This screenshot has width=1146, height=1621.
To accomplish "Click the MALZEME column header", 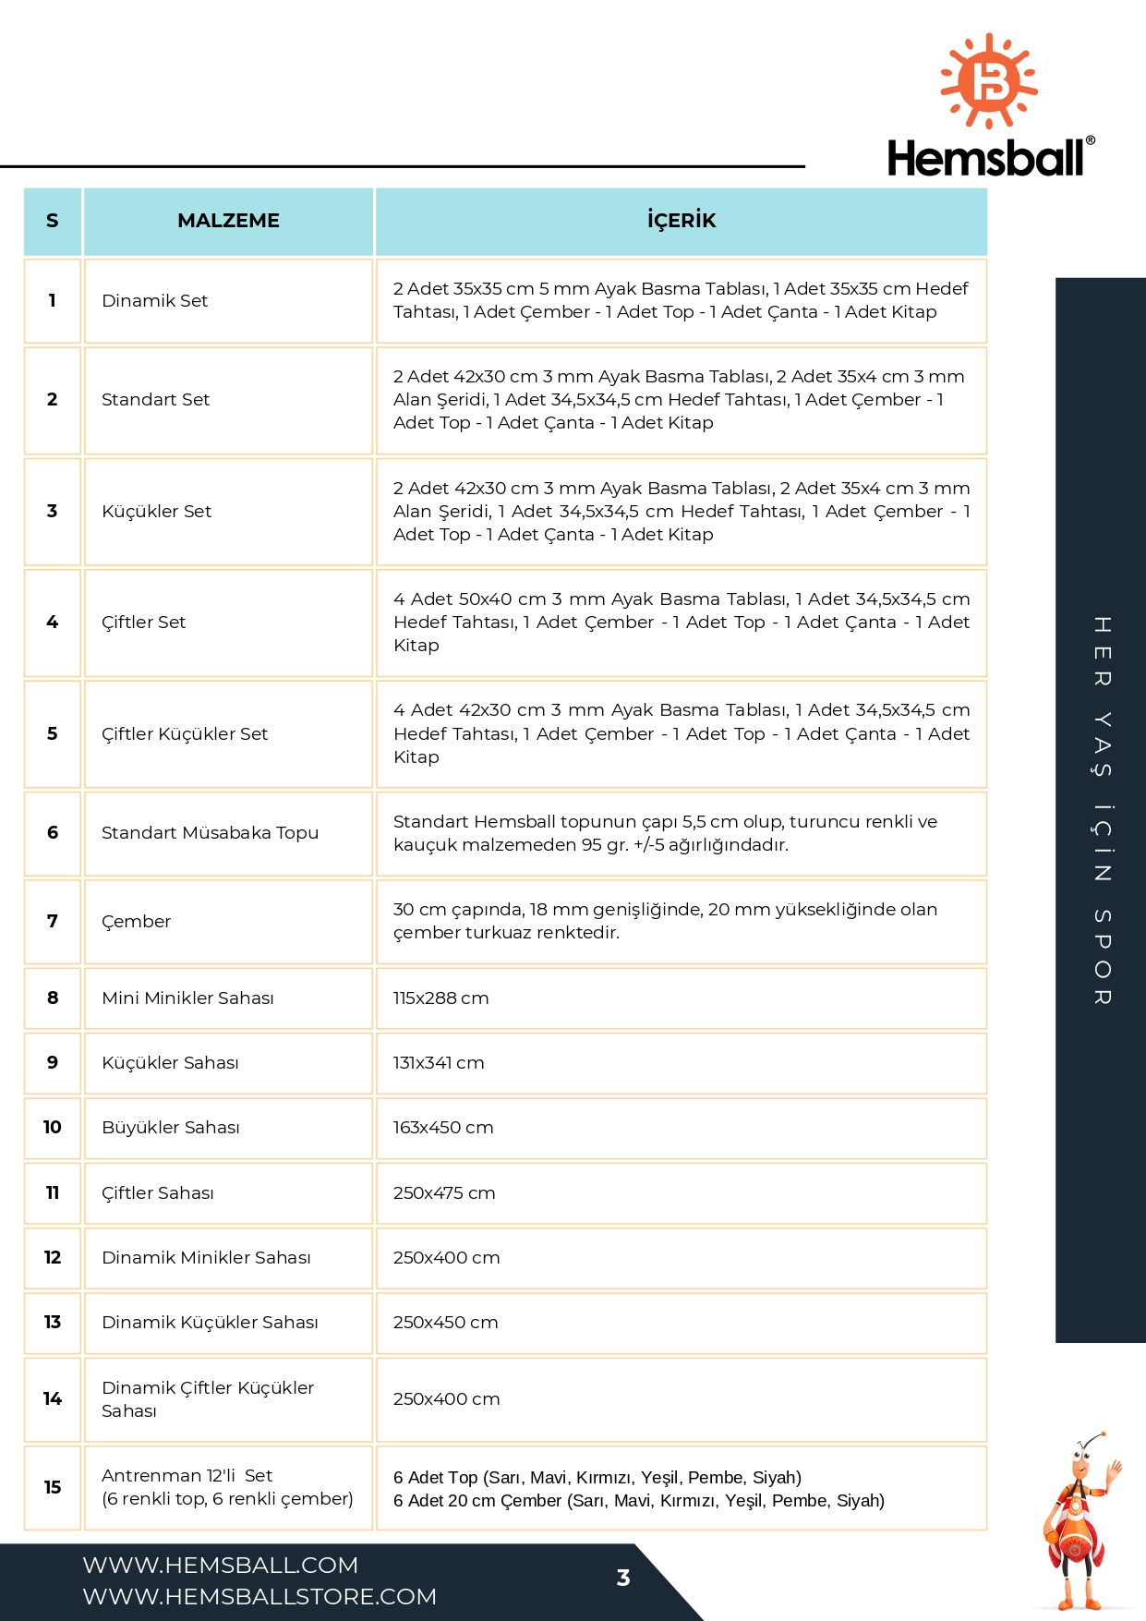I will click(x=228, y=221).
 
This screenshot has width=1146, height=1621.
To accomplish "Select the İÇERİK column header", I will click(x=682, y=221).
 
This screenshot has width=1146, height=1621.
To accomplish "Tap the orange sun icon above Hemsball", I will click(x=989, y=81).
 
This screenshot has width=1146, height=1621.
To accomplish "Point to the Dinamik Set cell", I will click(x=155, y=301).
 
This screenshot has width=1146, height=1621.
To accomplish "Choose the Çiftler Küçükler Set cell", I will click(x=185, y=734).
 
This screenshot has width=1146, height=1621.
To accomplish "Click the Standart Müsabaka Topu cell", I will click(x=210, y=833).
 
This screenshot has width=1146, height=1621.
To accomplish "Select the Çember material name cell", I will click(x=137, y=922).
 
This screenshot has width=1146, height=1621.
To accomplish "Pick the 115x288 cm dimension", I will click(x=440, y=998).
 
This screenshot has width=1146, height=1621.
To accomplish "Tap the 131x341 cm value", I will click(x=439, y=1063).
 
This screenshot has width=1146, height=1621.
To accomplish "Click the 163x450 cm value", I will click(x=443, y=1128).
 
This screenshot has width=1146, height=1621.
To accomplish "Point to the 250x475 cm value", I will click(x=444, y=1193).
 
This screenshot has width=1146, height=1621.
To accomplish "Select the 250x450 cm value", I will click(x=445, y=1323).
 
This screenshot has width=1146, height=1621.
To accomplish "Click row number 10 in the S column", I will click(x=53, y=1128).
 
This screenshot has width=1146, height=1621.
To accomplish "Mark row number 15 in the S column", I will click(x=53, y=1488).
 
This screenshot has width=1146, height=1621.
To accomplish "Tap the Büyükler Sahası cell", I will click(x=171, y=1128).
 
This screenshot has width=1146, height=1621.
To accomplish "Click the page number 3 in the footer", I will click(x=623, y=1579).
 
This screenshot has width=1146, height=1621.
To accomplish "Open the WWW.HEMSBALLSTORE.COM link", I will click(x=259, y=1597).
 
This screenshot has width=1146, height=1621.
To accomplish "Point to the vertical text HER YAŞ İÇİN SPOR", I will click(x=1102, y=810).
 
